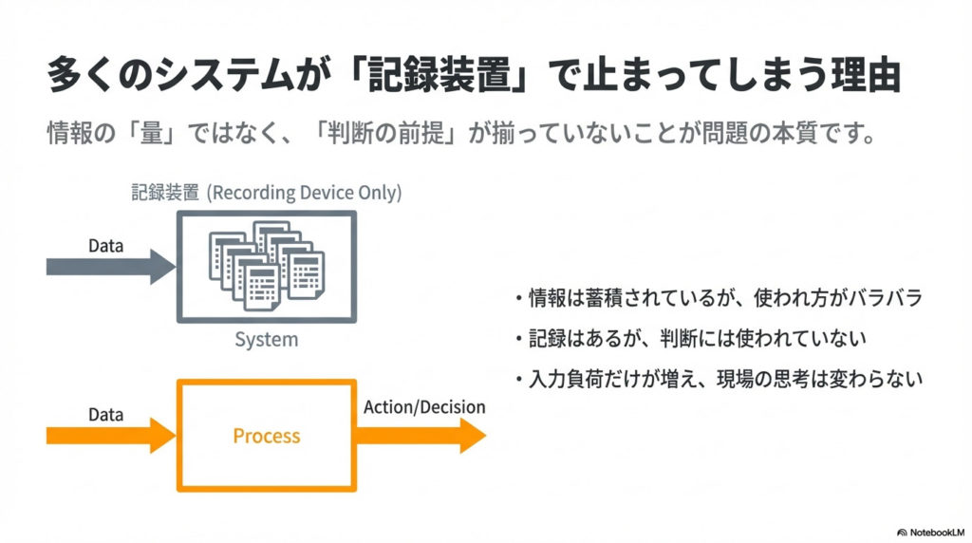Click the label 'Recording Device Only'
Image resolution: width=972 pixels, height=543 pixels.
pos(305,192)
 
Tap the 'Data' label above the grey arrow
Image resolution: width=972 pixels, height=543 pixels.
pos(106,246)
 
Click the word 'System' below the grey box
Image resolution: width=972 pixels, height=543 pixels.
pos(266,339)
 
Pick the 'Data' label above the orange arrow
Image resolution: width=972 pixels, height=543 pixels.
pos(106,415)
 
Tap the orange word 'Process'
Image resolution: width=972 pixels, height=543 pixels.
pos(266,437)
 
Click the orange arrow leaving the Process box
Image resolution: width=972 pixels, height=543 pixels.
pos(422,436)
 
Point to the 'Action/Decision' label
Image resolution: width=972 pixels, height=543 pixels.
pos(424,407)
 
